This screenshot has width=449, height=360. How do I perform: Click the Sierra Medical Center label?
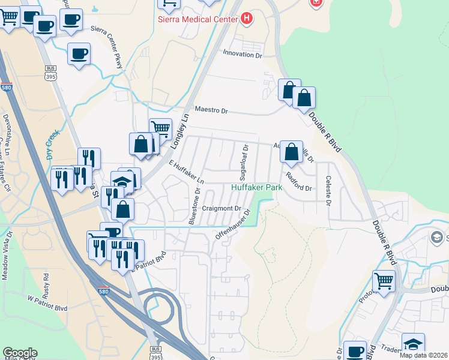[198, 19]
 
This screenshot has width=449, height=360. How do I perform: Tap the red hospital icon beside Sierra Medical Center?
[246, 19]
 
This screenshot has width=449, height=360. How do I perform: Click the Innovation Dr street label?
[243, 55]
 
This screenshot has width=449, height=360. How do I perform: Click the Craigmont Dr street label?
[221, 209]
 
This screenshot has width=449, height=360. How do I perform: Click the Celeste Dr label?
[328, 190]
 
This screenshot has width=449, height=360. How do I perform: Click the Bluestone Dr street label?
[194, 206]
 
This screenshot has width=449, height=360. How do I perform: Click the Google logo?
[20, 353]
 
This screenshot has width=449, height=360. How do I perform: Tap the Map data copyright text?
[424, 355]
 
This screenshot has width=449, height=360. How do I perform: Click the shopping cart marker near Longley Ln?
[160, 128]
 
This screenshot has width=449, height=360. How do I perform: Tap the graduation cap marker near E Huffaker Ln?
[122, 181]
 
